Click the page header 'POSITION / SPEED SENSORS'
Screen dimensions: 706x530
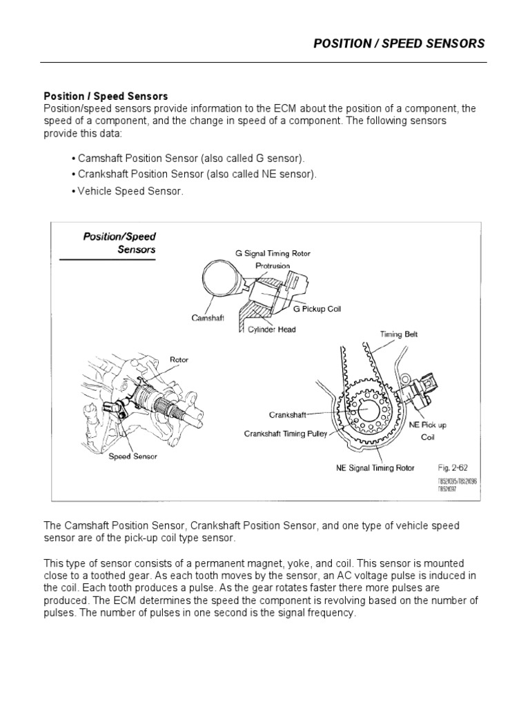click(x=399, y=43)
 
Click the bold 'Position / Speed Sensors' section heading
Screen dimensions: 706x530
click(x=106, y=97)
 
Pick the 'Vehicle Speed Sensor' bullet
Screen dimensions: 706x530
click(x=127, y=191)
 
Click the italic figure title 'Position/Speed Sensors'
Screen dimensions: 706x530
click(x=119, y=243)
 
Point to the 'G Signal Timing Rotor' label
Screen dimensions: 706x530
click(x=273, y=254)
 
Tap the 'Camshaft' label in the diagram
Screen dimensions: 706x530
click(x=208, y=318)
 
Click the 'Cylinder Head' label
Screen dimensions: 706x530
click(x=271, y=330)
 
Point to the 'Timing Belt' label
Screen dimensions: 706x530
click(x=399, y=334)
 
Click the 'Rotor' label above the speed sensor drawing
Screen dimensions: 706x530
click(x=179, y=359)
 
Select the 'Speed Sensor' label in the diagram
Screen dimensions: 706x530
click(x=132, y=456)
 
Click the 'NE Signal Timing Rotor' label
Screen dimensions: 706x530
click(x=375, y=467)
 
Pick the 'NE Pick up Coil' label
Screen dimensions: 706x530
click(x=428, y=430)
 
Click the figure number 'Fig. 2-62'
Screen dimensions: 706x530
click(x=453, y=467)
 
